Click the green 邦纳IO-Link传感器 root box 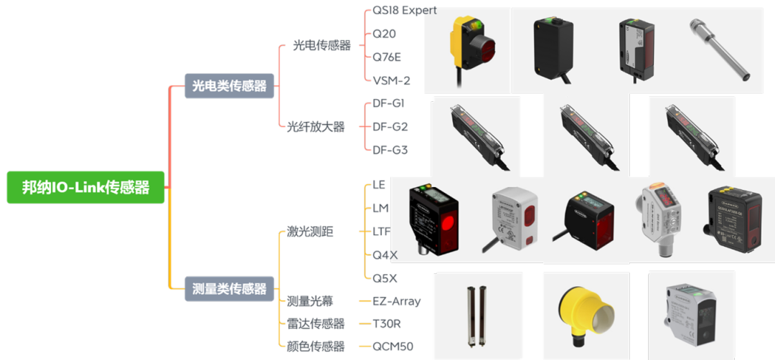pyautogui.click(x=85, y=187)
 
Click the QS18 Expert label pyautogui.click(x=405, y=10)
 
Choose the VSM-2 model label pyautogui.click(x=392, y=80)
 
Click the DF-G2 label pyautogui.click(x=390, y=127)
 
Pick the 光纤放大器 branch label pyautogui.click(x=316, y=127)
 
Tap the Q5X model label pyautogui.click(x=385, y=278)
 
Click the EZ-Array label pyautogui.click(x=397, y=301)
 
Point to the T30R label pyautogui.click(x=387, y=324)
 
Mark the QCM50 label pyautogui.click(x=393, y=347)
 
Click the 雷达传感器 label pyautogui.click(x=316, y=324)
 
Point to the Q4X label pyautogui.click(x=385, y=255)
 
